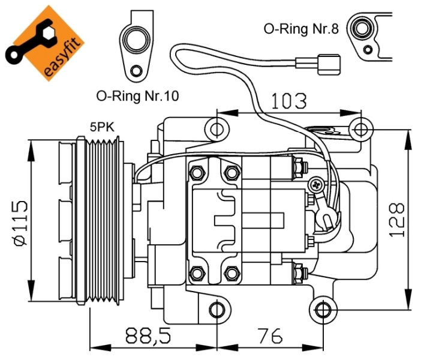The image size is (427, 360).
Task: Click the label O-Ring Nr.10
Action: pyautogui.click(x=137, y=95)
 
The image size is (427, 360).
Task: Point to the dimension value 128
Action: pyautogui.click(x=396, y=219)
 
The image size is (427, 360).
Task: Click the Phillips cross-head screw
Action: pyautogui.click(x=315, y=186)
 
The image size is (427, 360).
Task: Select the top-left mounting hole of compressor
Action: pyautogui.click(x=217, y=128)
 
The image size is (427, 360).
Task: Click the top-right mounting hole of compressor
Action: pyautogui.click(x=360, y=128)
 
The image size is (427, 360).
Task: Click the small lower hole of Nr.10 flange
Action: pyautogui.click(x=137, y=73)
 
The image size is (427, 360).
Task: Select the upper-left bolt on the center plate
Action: pyautogui.click(x=196, y=173)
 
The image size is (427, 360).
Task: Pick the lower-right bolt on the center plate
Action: pyautogui.click(x=231, y=274)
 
